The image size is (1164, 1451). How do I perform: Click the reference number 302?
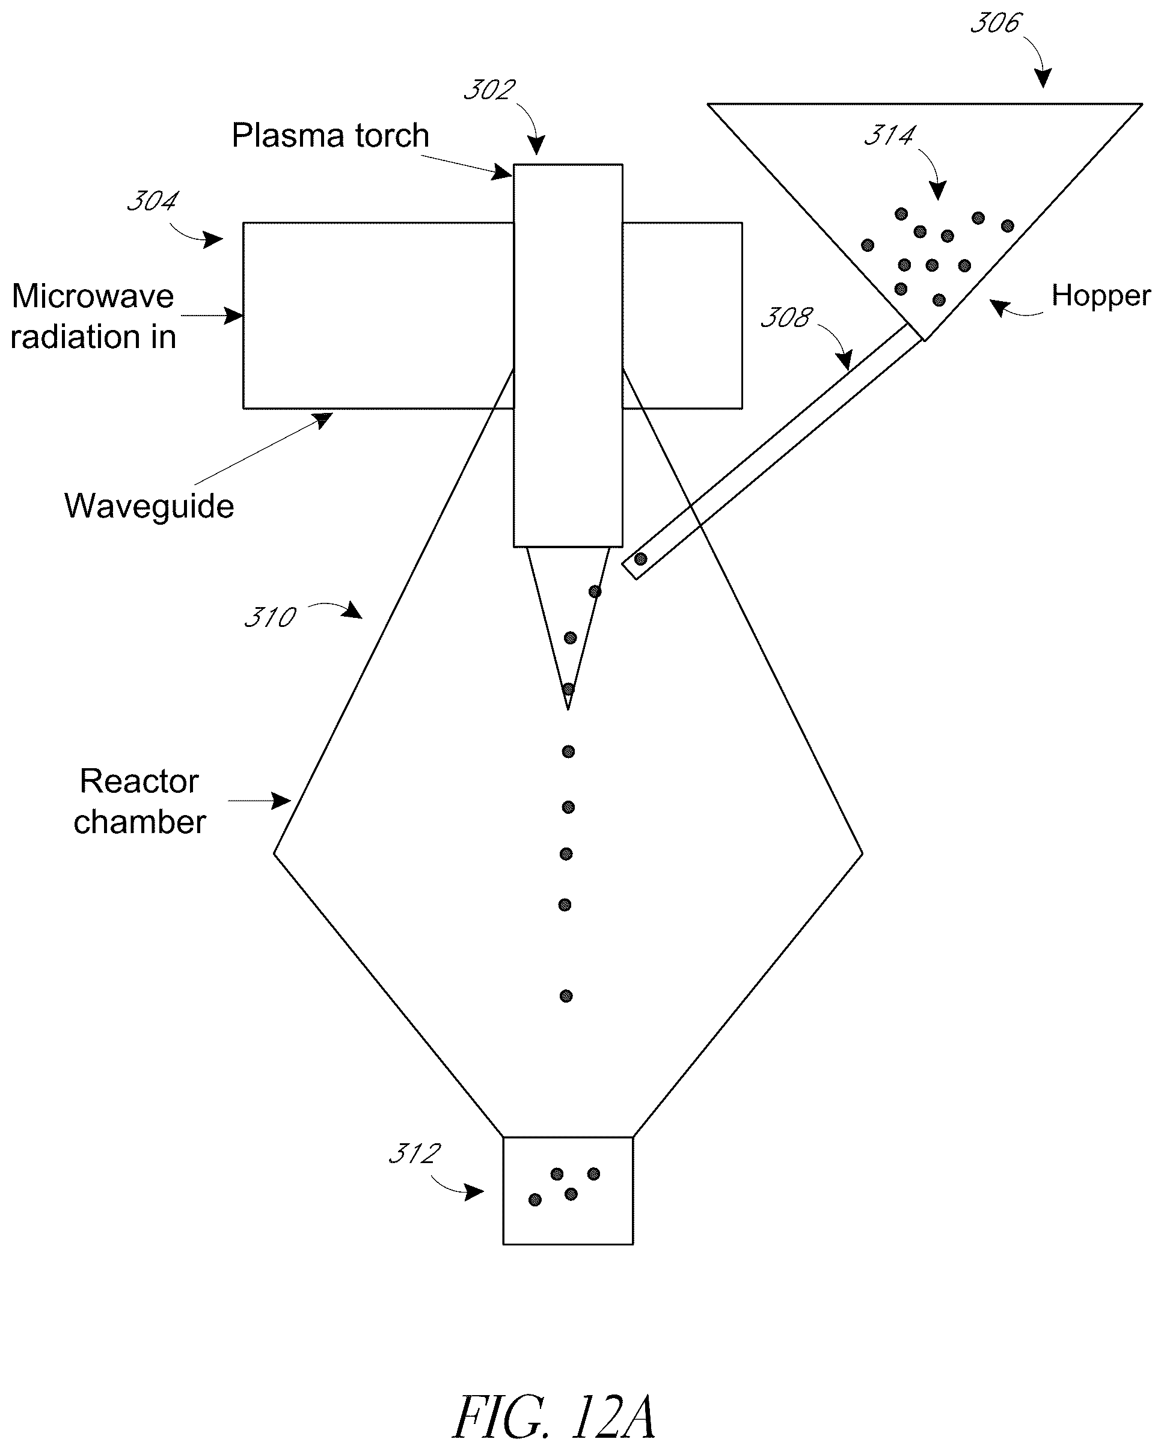pos(489,90)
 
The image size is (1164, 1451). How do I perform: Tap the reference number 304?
pos(153,201)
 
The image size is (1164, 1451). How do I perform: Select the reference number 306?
pos(996,23)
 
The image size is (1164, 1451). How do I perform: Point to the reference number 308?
pos(786,317)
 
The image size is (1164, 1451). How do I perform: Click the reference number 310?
pos(270,617)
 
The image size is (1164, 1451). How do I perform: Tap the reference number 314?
pos(889,136)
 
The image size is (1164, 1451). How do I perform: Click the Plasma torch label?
pos(331,135)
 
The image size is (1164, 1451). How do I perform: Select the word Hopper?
pos(1101,296)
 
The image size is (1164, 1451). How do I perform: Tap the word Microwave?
pos(93,296)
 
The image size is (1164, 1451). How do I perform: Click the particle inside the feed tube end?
pos(641,558)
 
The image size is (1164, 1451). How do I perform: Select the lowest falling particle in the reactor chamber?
pos(566,996)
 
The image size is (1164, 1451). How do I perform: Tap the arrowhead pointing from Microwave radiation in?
pos(234,315)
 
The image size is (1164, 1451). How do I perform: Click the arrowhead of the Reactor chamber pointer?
pos(281,801)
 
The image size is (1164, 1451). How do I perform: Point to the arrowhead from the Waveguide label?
pos(324,420)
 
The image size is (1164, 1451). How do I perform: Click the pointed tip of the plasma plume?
pos(568,709)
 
